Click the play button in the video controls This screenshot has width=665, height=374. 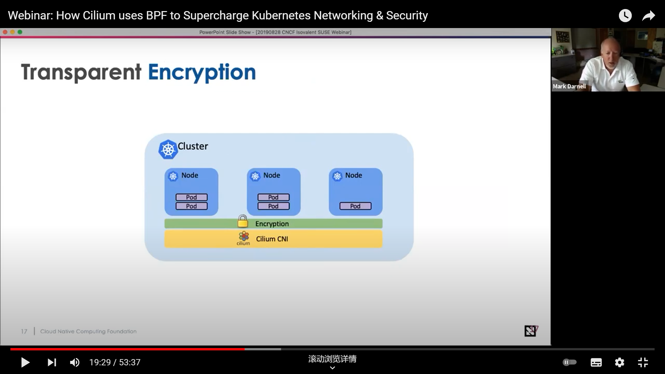point(25,363)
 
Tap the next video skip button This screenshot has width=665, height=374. point(52,363)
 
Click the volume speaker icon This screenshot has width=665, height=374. point(74,363)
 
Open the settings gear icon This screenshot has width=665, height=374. point(619,363)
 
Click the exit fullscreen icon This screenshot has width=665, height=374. point(643,363)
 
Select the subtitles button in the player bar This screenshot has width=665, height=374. point(596,363)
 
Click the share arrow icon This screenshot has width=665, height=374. point(648,16)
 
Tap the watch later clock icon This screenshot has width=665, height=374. point(625,16)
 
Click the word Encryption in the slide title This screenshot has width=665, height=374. point(202,72)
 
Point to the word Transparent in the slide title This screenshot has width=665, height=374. point(81,72)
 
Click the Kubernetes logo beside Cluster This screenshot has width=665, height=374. point(168,150)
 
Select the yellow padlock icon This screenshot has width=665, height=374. point(243,221)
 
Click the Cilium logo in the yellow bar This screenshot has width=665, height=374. point(243,238)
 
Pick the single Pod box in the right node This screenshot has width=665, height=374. point(355,206)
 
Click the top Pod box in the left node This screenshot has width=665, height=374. point(192,197)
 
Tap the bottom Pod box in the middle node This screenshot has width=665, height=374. point(273,206)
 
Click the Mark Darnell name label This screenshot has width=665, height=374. point(569,86)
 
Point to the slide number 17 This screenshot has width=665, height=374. point(24,331)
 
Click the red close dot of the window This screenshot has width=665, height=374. point(5,32)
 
